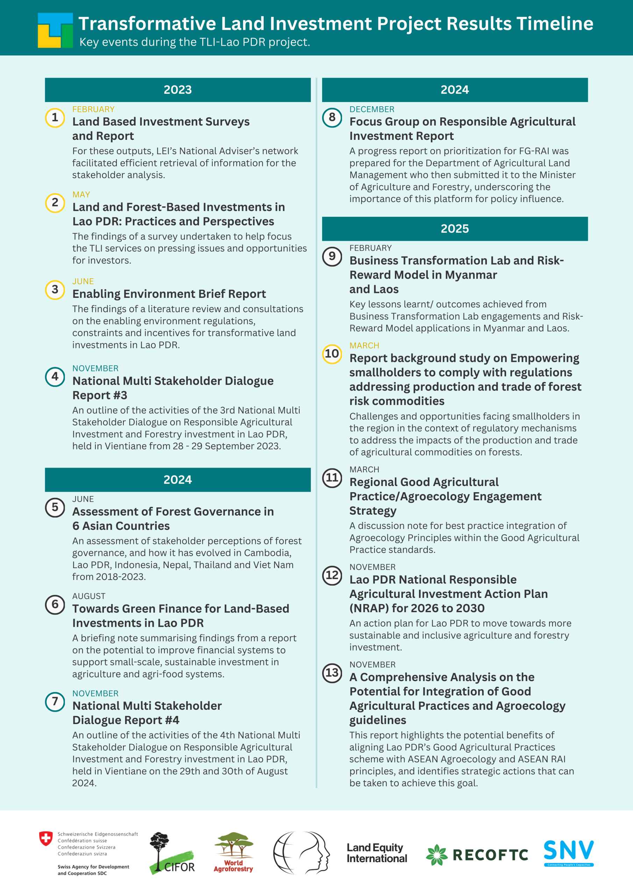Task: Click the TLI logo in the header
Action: click(55, 30)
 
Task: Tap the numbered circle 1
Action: click(55, 117)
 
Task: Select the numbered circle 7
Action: click(55, 702)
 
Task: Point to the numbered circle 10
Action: click(332, 354)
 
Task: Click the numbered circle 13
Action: click(332, 673)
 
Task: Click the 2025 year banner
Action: click(454, 229)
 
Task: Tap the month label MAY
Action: click(81, 194)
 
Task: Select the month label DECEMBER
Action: click(372, 109)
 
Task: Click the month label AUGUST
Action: click(88, 596)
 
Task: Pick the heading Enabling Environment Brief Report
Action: click(169, 294)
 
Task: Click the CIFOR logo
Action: click(172, 854)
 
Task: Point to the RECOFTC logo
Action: click(477, 855)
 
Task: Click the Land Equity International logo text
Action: click(376, 853)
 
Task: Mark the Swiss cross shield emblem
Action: click(46, 838)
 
